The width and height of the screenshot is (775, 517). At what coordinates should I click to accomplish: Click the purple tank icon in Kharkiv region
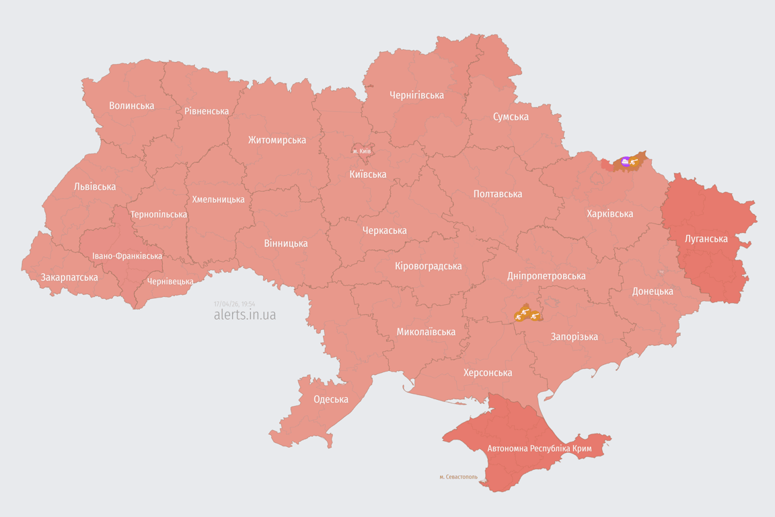click(x=626, y=162)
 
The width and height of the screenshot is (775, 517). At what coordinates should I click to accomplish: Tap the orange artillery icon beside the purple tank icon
click(x=634, y=162)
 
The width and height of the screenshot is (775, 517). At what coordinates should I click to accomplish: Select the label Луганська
click(x=706, y=239)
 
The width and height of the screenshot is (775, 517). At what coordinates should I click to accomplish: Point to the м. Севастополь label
click(x=458, y=477)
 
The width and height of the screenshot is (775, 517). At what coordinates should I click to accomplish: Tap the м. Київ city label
click(x=361, y=151)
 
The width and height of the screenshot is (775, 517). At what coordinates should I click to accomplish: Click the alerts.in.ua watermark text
click(x=244, y=315)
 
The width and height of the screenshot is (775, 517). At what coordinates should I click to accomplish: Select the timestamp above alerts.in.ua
click(x=234, y=304)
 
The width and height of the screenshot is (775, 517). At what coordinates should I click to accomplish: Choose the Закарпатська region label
click(x=69, y=277)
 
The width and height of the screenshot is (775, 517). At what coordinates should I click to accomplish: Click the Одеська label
click(x=331, y=399)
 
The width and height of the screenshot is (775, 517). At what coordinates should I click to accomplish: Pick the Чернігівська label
click(x=416, y=96)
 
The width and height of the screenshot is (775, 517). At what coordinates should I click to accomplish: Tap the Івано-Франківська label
click(x=127, y=256)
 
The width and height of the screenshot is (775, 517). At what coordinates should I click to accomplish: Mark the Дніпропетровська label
click(x=546, y=276)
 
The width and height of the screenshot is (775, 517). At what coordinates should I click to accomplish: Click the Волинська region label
click(x=131, y=106)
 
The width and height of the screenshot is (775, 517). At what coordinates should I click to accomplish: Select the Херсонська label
click(x=488, y=373)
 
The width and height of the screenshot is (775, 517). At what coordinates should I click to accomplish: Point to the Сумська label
click(x=511, y=117)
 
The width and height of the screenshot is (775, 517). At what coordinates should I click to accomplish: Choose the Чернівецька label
click(x=170, y=282)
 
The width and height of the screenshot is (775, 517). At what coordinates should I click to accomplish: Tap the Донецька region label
click(x=653, y=291)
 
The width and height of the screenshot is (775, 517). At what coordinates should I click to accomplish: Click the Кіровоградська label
click(x=429, y=266)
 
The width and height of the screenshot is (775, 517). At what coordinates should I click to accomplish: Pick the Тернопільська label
click(x=159, y=215)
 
